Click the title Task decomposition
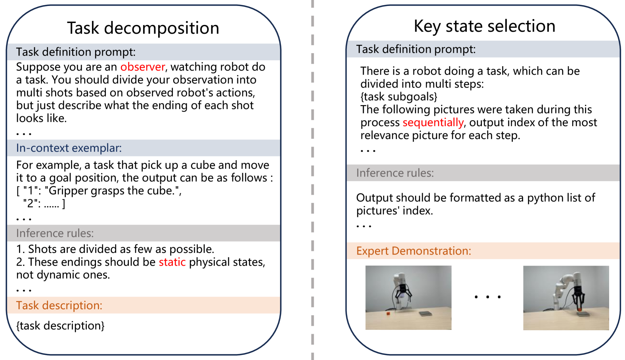pyautogui.click(x=143, y=28)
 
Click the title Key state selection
pyautogui.click(x=484, y=26)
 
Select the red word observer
pyautogui.click(x=143, y=67)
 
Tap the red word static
pyautogui.click(x=172, y=262)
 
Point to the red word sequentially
pyautogui.click(x=433, y=123)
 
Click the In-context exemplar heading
pyautogui.click(x=69, y=148)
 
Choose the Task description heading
pyautogui.click(x=59, y=305)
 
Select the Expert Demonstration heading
pyautogui.click(x=413, y=251)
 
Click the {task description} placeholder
pyautogui.click(x=60, y=326)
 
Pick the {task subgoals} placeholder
pyautogui.click(x=399, y=97)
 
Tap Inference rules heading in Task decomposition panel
pyautogui.click(x=55, y=233)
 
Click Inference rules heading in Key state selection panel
pyautogui.click(x=395, y=173)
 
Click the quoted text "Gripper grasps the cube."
pyautogui.click(x=113, y=191)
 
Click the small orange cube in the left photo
pyautogui.click(x=388, y=314)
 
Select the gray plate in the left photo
pyautogui.click(x=426, y=314)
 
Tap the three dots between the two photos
pyautogui.click(x=487, y=297)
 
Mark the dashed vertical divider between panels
pyautogui.click(x=313, y=178)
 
